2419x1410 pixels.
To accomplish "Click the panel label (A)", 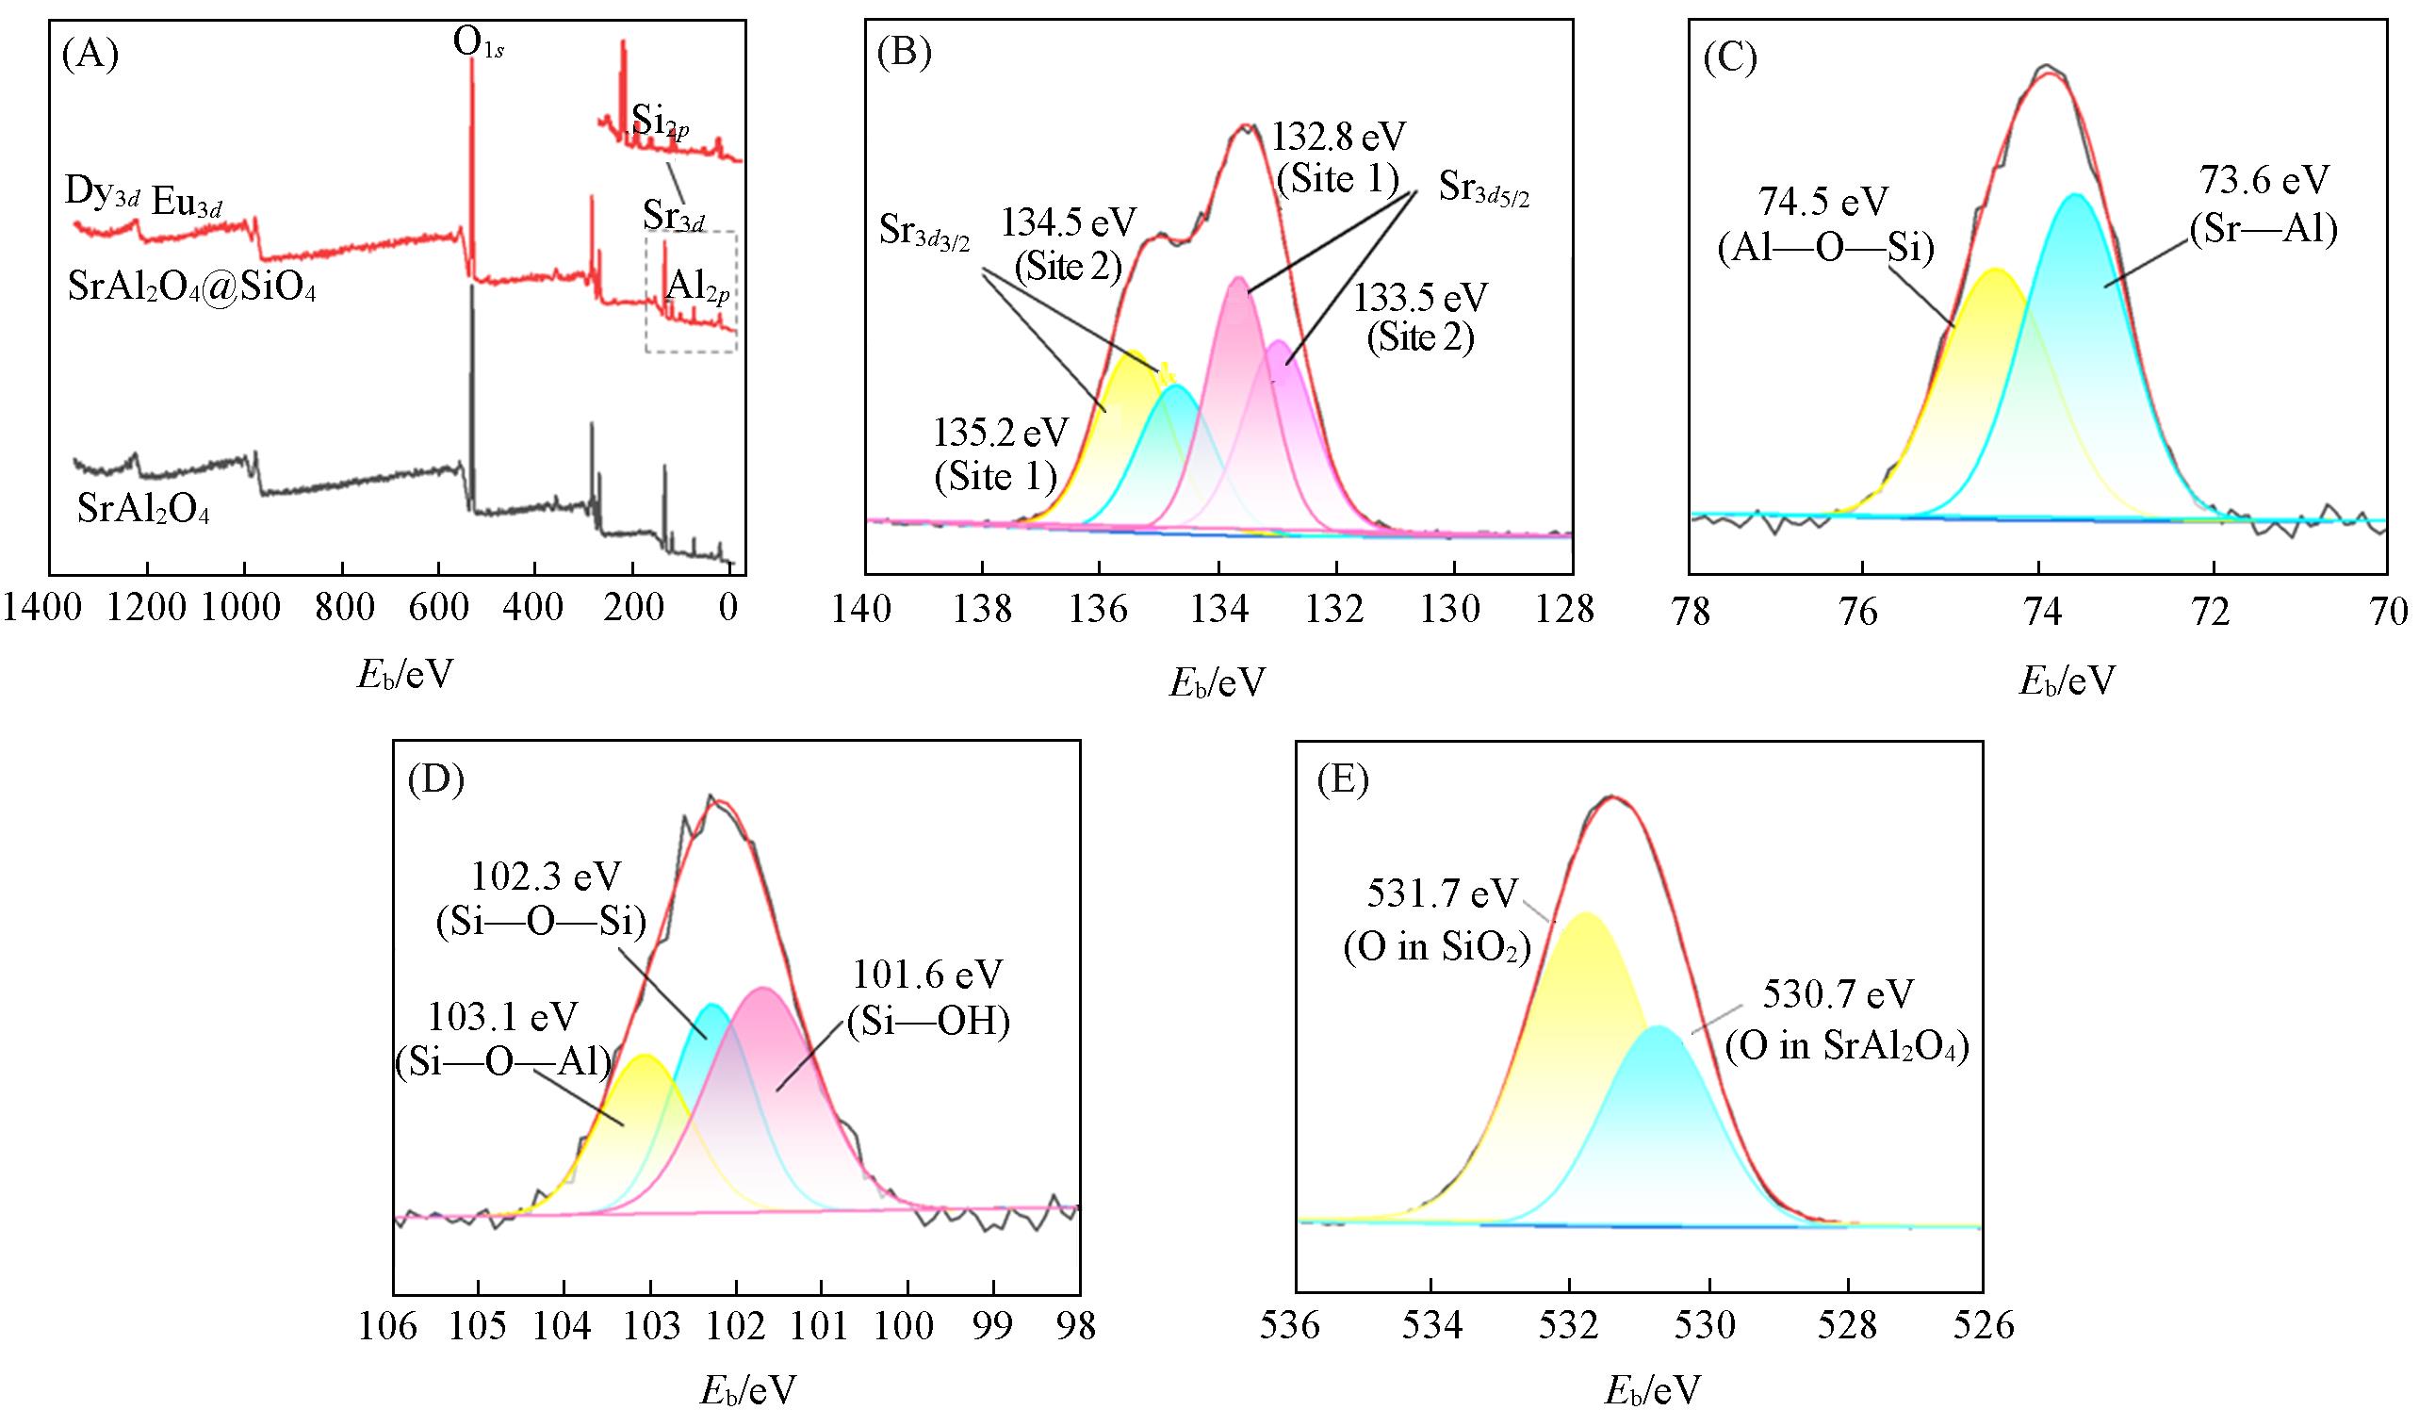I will [x=89, y=57].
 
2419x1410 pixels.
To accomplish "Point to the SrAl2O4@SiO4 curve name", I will [x=192, y=287].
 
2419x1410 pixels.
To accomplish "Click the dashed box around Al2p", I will [x=690, y=291].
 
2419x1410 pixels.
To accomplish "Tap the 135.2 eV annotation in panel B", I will [x=1001, y=434].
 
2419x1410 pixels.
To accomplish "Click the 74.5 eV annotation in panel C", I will [x=1822, y=205].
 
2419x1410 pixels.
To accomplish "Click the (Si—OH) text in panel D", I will [x=928, y=1025].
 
